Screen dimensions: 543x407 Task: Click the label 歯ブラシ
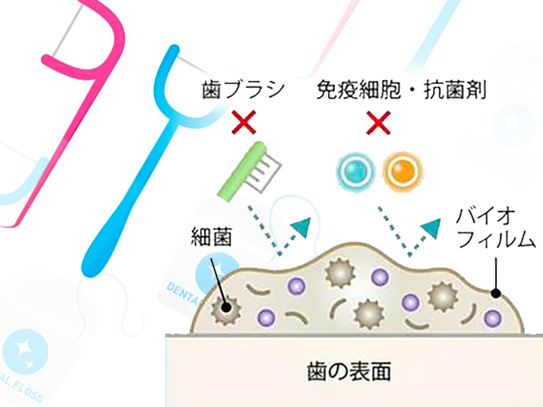pos(243,90)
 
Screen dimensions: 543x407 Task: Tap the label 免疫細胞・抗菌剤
pos(402,90)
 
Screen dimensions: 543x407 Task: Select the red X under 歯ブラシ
pos(244,122)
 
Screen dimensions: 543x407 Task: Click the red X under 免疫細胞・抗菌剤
pos(379,122)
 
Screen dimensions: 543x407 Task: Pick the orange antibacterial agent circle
pos(402,171)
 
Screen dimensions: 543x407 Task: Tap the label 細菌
pos(211,237)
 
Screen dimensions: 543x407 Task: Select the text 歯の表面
pos(349,370)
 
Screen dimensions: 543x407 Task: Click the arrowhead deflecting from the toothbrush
pos(301,227)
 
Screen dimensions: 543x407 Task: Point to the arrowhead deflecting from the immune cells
pos(431,227)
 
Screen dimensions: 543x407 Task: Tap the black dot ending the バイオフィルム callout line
pos(496,294)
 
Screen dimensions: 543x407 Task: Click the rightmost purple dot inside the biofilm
pos(493,317)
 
